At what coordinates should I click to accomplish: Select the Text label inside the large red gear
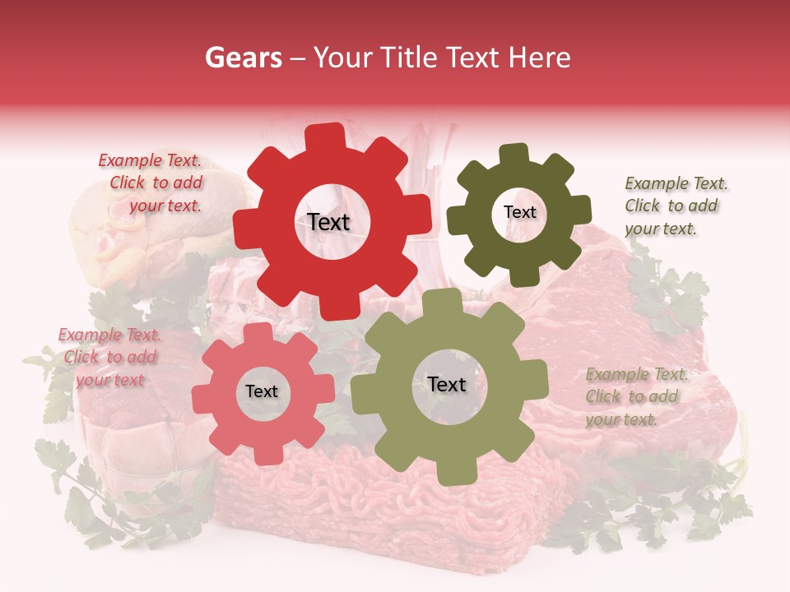pos(329,221)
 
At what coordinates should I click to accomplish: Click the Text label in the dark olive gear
pos(519,212)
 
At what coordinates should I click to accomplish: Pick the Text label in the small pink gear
pos(262,391)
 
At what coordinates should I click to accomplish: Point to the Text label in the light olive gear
pos(447,384)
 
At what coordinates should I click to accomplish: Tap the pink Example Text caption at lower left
pos(110,357)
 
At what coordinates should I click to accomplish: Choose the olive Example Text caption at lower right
pos(634,396)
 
